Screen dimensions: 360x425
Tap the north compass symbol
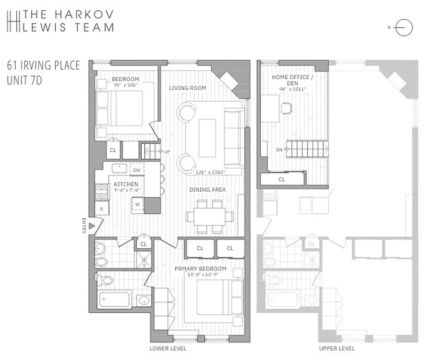pos(403,28)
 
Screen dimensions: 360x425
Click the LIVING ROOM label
pos(188,88)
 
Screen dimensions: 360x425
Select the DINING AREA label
pos(207,189)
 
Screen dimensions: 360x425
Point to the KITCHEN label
pos(126,184)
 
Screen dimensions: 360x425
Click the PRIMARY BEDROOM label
pos(201,269)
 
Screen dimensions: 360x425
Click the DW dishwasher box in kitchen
pos(137,170)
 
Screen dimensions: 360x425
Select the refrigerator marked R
pos(102,209)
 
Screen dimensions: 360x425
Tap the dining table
pos(210,216)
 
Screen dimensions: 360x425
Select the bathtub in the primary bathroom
pos(114,300)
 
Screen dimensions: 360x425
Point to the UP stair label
pos(167,152)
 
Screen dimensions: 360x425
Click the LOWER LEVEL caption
pos(168,349)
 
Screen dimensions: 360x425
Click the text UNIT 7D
pos(25,82)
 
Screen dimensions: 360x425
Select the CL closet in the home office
pos(282,179)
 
